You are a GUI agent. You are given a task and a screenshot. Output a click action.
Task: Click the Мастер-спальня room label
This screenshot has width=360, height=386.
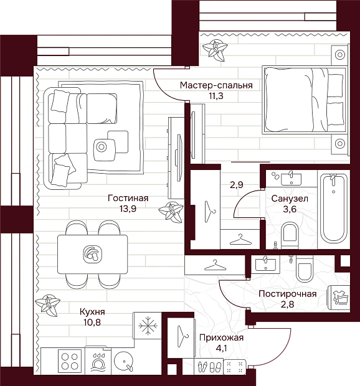click(x=216, y=85)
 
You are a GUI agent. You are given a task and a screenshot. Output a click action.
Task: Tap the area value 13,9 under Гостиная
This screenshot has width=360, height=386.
click(x=128, y=209)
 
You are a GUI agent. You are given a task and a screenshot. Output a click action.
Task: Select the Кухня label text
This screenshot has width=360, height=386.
click(x=92, y=312)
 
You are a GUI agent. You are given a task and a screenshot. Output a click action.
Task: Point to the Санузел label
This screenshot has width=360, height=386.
click(x=290, y=199)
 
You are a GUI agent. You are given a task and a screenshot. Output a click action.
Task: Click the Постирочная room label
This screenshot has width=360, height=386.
click(x=287, y=294)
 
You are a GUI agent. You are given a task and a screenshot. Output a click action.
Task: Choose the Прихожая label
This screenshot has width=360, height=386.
click(x=221, y=337)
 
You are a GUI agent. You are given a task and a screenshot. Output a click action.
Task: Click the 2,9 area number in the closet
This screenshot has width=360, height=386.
click(x=237, y=185)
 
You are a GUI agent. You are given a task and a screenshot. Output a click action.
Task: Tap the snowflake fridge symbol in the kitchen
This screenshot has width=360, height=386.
click(x=148, y=326)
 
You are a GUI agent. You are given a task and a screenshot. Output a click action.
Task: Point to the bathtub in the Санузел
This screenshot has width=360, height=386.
click(x=334, y=209)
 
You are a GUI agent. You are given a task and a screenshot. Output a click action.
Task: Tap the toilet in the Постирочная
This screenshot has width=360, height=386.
click(x=305, y=269)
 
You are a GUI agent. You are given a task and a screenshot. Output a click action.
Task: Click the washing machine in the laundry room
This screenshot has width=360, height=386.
click(x=339, y=298)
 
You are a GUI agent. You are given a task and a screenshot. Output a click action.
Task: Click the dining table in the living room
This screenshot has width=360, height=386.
click(x=93, y=254)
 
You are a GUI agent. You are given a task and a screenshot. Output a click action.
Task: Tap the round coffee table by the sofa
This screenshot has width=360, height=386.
click(x=101, y=147)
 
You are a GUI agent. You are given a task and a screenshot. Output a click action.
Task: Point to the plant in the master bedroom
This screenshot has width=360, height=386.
click(x=215, y=50)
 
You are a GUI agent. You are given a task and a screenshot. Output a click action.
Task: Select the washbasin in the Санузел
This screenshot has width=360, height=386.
click(x=291, y=179)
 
